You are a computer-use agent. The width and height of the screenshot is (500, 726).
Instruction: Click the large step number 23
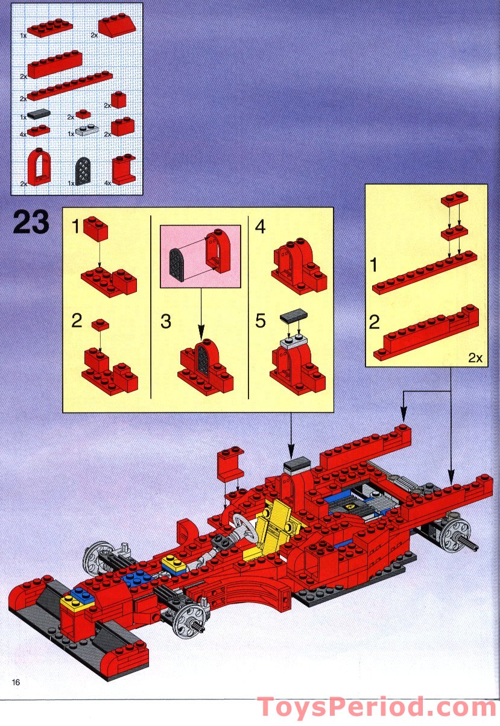tap(31, 222)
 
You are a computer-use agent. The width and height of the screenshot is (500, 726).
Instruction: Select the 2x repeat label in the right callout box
tap(475, 358)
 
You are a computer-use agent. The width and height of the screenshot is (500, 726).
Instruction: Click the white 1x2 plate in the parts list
tap(87, 130)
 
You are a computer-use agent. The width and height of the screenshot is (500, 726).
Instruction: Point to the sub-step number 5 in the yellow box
tap(260, 321)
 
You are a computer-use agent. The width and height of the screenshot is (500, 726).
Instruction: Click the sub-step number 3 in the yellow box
tap(166, 321)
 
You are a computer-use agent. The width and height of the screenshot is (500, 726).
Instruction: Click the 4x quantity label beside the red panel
tap(107, 182)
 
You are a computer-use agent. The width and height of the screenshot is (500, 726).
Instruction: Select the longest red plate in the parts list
tap(69, 86)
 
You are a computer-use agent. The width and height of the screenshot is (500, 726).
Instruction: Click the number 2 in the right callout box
tap(375, 323)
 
